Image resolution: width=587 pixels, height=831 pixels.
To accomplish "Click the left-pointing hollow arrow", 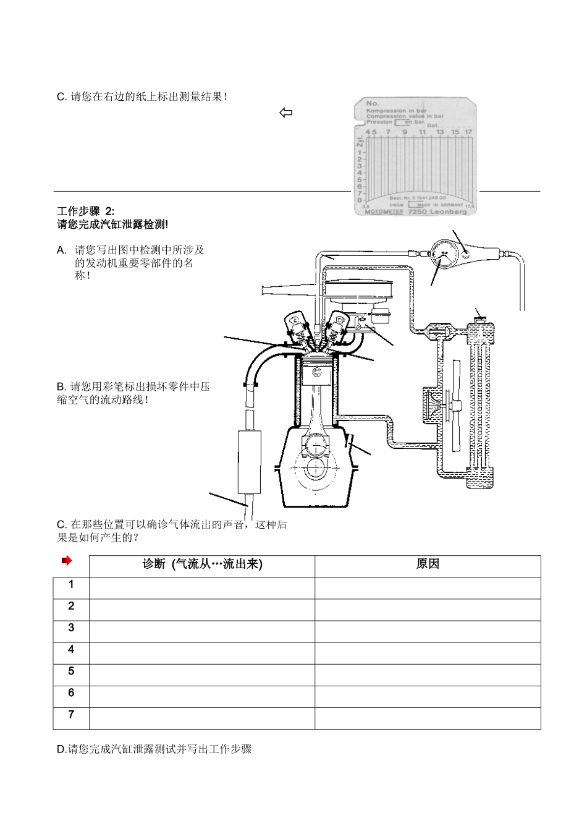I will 285,113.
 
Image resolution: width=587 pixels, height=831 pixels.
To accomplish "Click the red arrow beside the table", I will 67,561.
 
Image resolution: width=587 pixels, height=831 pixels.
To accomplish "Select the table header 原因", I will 428,565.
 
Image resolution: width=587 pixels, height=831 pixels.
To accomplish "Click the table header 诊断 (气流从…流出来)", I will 202,565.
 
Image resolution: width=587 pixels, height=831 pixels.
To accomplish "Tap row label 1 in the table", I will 71,585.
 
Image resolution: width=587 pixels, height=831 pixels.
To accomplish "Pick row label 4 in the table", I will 71,650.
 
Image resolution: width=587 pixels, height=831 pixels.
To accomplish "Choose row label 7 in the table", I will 71,715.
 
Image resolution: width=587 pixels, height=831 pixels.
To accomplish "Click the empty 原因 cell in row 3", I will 428,631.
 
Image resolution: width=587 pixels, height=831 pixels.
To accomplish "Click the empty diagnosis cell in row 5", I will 202,675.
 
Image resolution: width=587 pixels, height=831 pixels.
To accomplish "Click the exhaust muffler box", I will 250,462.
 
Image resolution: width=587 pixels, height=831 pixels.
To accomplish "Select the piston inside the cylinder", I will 316,373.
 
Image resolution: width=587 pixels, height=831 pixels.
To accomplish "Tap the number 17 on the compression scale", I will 468,132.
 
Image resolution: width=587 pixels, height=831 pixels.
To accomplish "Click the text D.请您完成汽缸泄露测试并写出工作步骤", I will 154,749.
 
